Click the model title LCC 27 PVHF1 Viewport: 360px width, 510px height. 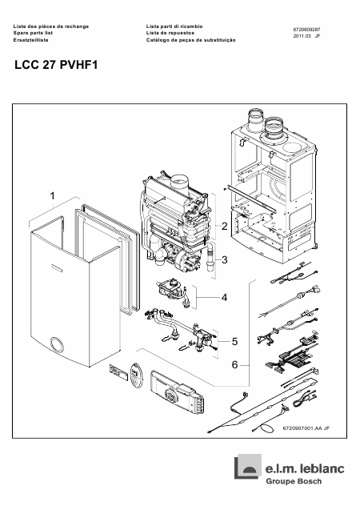(56, 65)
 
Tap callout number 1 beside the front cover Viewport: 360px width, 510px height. (52, 196)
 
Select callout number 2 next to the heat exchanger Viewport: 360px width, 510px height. (224, 226)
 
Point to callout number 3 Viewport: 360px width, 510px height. (224, 260)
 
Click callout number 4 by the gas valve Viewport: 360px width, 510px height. (224, 297)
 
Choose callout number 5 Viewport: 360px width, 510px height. (234, 342)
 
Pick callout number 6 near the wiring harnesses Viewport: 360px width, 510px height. (234, 365)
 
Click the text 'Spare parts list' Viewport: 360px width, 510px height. (33, 33)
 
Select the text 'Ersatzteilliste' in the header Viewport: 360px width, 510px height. (31, 40)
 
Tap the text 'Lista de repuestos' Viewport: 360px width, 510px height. (170, 33)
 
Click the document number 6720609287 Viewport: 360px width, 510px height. (306, 30)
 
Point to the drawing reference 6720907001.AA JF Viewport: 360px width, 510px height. (306, 428)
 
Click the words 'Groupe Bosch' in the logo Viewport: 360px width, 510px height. (294, 481)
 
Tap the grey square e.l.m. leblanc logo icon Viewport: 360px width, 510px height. (248, 467)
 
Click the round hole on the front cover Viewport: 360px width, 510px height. (57, 345)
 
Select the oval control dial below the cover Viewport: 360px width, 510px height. (136, 375)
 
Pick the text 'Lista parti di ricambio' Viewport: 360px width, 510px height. (174, 26)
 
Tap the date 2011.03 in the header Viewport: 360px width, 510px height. (300, 36)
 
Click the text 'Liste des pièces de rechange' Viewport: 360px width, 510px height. (51, 26)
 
